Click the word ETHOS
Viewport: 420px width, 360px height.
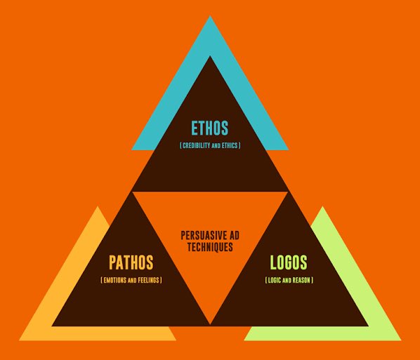pyautogui.click(x=210, y=128)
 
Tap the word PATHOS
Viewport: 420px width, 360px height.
pyautogui.click(x=131, y=262)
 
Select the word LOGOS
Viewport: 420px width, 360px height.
pyautogui.click(x=289, y=262)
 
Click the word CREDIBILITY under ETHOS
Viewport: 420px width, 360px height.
pyautogui.click(x=197, y=145)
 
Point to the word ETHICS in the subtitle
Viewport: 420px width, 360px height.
pyautogui.click(x=230, y=145)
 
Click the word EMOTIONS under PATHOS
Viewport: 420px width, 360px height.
pyautogui.click(x=115, y=280)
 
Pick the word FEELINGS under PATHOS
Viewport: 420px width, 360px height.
pyautogui.click(x=149, y=280)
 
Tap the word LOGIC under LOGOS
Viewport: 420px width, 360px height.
pyautogui.click(x=275, y=280)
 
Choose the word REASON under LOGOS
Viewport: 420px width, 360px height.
pyautogui.click(x=301, y=280)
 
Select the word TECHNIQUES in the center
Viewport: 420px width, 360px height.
pyautogui.click(x=210, y=247)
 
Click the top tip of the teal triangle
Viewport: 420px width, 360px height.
pyautogui.click(x=210, y=16)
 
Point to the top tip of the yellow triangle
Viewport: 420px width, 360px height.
pyautogui.click(x=98, y=206)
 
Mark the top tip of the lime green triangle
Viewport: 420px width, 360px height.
pyautogui.click(x=322, y=206)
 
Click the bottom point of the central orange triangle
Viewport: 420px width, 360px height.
pyautogui.click(x=210, y=325)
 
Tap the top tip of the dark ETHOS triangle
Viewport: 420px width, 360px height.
pyautogui.click(x=210, y=56)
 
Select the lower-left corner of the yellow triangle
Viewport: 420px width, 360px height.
pyautogui.click(x=19, y=340)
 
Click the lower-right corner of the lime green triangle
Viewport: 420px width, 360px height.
pyautogui.click(x=401, y=340)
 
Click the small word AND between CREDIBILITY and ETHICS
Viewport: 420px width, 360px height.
pyautogui.click(x=216, y=147)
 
